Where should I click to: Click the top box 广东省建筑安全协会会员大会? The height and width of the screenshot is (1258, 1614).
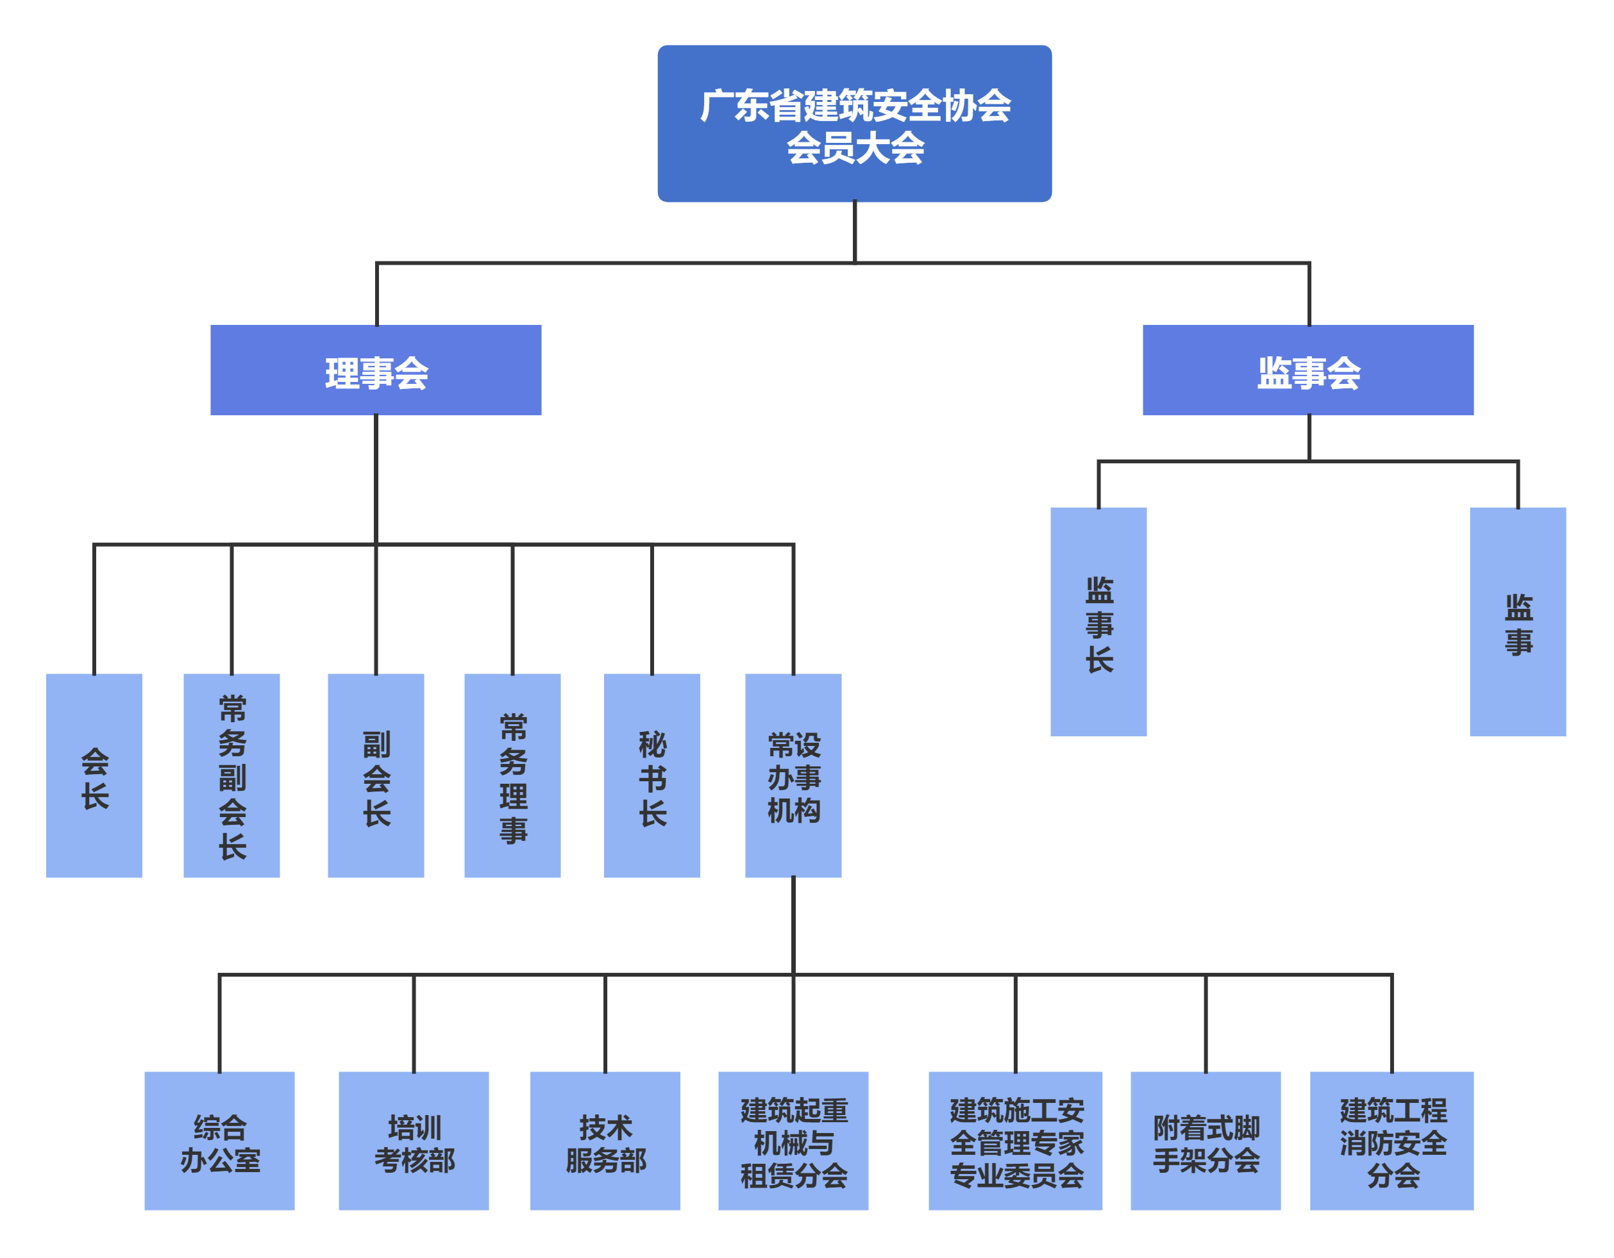pos(854,123)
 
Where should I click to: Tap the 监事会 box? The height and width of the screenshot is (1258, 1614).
pos(1307,370)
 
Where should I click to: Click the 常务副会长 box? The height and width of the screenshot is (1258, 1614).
pos(231,775)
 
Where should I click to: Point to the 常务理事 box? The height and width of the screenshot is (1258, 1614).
pos(512,775)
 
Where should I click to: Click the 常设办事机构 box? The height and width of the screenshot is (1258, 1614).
pos(793,775)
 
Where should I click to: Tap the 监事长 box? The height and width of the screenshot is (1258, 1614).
pos(1098,622)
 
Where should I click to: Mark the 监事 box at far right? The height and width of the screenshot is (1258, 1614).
pos(1517,622)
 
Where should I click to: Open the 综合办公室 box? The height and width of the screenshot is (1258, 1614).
pos(219,1141)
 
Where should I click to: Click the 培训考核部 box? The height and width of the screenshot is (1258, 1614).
pos(413,1141)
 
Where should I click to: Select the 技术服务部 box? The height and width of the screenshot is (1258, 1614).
pos(605,1141)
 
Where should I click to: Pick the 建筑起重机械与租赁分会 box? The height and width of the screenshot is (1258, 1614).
pos(793,1141)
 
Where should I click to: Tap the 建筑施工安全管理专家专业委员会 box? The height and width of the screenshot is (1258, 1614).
pos(1015,1141)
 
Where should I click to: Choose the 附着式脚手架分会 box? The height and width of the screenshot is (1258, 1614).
pos(1206,1141)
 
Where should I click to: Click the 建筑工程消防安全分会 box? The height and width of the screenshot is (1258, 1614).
pos(1391,1141)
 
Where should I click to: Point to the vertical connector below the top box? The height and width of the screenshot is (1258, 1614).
pos(855,231)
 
